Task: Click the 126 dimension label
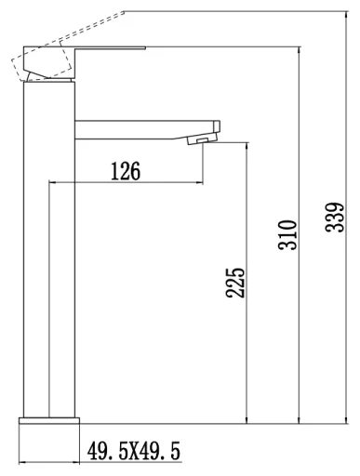[x=126, y=171]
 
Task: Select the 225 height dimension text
[x=235, y=283]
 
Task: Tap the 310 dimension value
[x=287, y=234]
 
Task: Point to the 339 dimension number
[x=335, y=218]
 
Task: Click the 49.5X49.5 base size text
[x=134, y=451]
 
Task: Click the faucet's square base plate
[x=49, y=420]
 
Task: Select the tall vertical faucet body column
[x=49, y=249]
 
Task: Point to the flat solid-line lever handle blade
[x=110, y=47]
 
